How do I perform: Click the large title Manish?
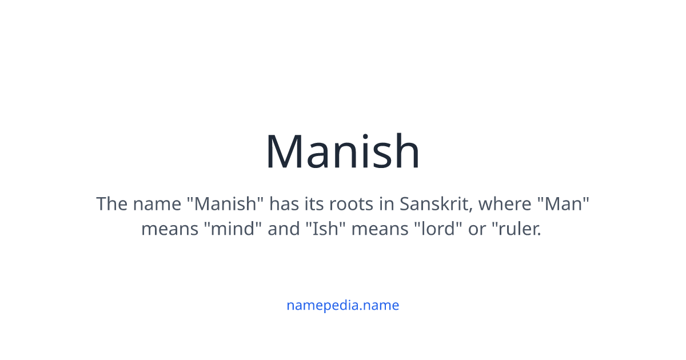(x=342, y=152)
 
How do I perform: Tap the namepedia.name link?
(x=342, y=305)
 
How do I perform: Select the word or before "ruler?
(x=477, y=229)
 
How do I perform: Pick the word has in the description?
(x=284, y=204)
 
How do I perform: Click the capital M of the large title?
(x=286, y=152)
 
